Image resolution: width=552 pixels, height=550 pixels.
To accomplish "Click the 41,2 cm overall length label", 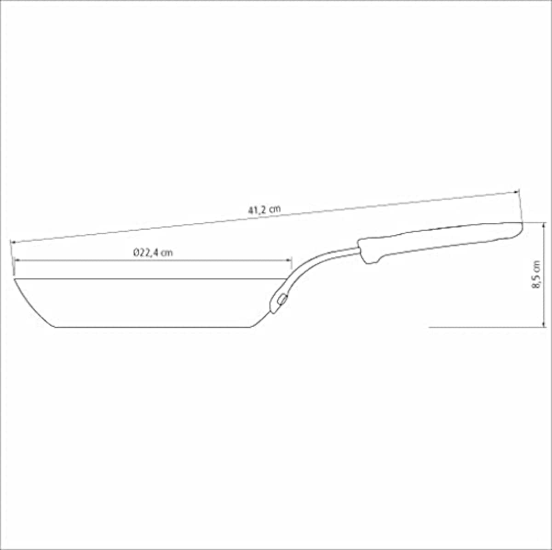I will coord(264,210).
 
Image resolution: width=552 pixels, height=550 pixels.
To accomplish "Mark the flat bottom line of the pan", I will coord(152,327).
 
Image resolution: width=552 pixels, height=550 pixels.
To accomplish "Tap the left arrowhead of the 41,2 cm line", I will coord(13,242).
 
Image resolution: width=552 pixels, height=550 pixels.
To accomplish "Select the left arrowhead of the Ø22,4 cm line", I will coord(17,261).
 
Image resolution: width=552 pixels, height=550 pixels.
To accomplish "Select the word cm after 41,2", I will coord(275,209).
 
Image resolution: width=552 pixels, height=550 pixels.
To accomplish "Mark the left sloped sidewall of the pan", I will coord(34,304).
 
